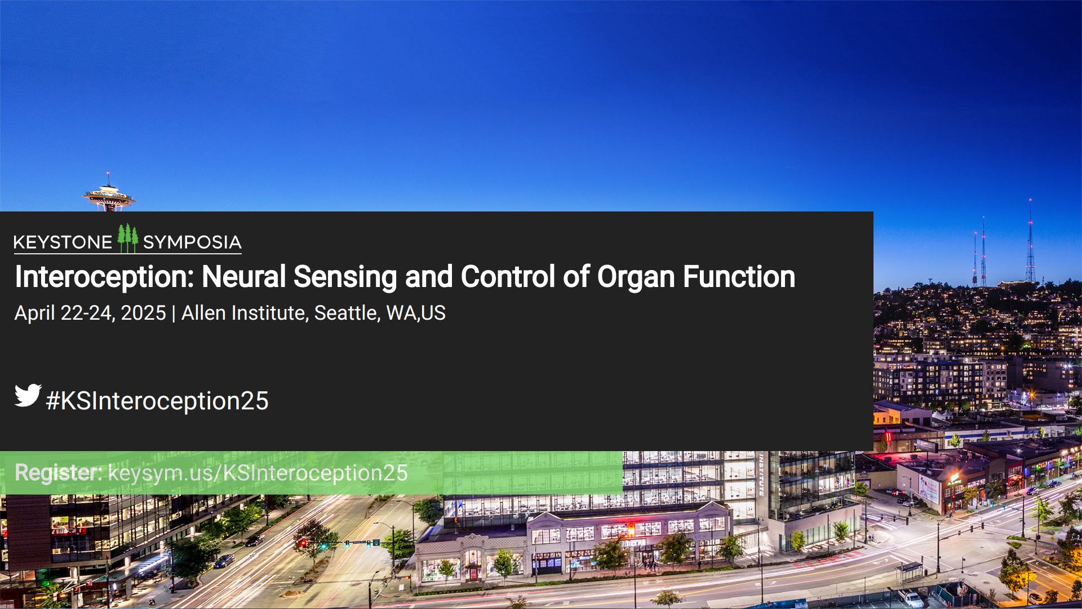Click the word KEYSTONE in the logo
[63, 242]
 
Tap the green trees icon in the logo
[128, 238]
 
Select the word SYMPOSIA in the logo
[192, 242]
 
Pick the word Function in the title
[739, 277]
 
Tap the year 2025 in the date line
[143, 313]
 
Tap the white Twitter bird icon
[28, 395]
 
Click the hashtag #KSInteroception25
[157, 401]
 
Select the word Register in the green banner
[57, 473]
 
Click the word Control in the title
[508, 277]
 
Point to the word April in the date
[34, 314]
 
